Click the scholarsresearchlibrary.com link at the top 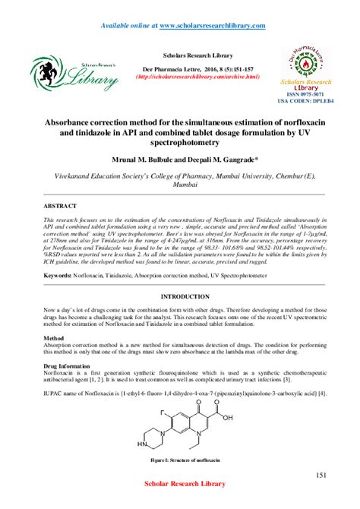212,25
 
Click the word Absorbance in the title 63,121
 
